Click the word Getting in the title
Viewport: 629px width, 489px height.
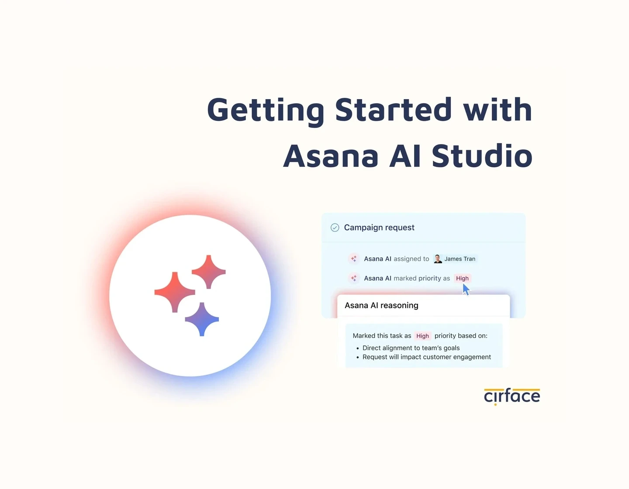pyautogui.click(x=266, y=110)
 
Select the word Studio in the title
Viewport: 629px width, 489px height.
pyautogui.click(x=482, y=156)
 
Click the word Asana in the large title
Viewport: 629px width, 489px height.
pyautogui.click(x=331, y=156)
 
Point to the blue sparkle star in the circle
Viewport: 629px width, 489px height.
pyautogui.click(x=202, y=319)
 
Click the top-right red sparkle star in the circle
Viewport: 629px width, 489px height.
pyautogui.click(x=209, y=272)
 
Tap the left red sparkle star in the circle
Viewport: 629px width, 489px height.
pyautogui.click(x=175, y=292)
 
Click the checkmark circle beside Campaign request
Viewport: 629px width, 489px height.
pyautogui.click(x=335, y=227)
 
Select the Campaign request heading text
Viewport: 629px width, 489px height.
pyautogui.click(x=379, y=227)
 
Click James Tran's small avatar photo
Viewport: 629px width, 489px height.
pyautogui.click(x=438, y=259)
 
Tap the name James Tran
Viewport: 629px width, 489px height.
pyautogui.click(x=460, y=259)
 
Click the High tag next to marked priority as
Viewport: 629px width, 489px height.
pyautogui.click(x=462, y=278)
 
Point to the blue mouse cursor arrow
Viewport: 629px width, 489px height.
pyautogui.click(x=466, y=289)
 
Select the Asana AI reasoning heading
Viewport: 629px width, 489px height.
pyautogui.click(x=381, y=306)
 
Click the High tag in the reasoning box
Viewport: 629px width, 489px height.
pyautogui.click(x=422, y=336)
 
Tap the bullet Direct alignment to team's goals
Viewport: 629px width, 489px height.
pyautogui.click(x=411, y=348)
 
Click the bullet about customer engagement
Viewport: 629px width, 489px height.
pyautogui.click(x=426, y=357)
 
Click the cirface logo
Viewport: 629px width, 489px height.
pyautogui.click(x=512, y=396)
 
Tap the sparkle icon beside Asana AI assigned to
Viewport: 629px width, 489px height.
pyautogui.click(x=354, y=259)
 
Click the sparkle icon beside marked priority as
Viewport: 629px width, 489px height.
pyautogui.click(x=354, y=278)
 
